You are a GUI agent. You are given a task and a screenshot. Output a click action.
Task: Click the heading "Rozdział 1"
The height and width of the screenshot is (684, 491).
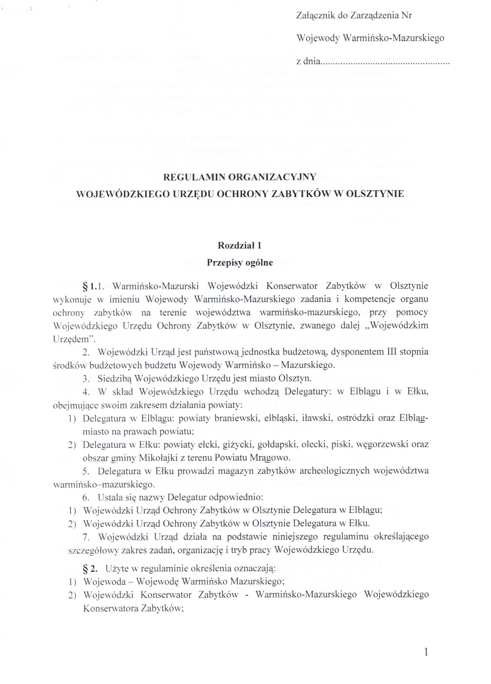(x=240, y=246)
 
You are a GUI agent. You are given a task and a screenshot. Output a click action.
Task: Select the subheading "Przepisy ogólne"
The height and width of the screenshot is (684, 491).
(x=240, y=263)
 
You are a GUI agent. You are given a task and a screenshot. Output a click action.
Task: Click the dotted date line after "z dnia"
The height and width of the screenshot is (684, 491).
(x=385, y=62)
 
